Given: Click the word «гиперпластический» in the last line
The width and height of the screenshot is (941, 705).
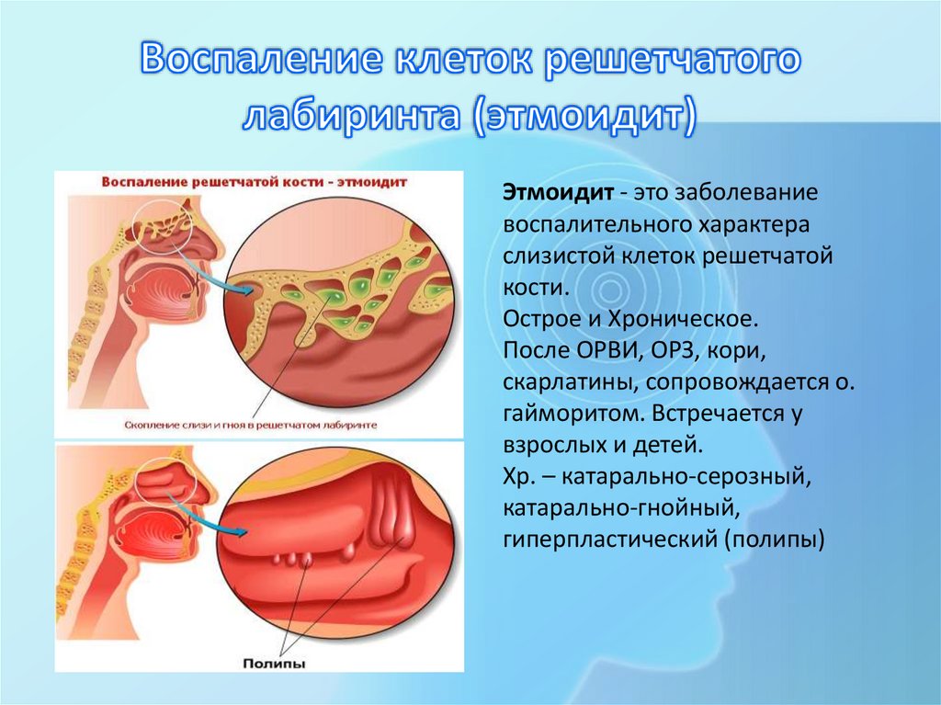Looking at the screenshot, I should [x=608, y=539].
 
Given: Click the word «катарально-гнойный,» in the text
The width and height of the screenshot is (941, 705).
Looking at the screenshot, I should [x=622, y=507].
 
